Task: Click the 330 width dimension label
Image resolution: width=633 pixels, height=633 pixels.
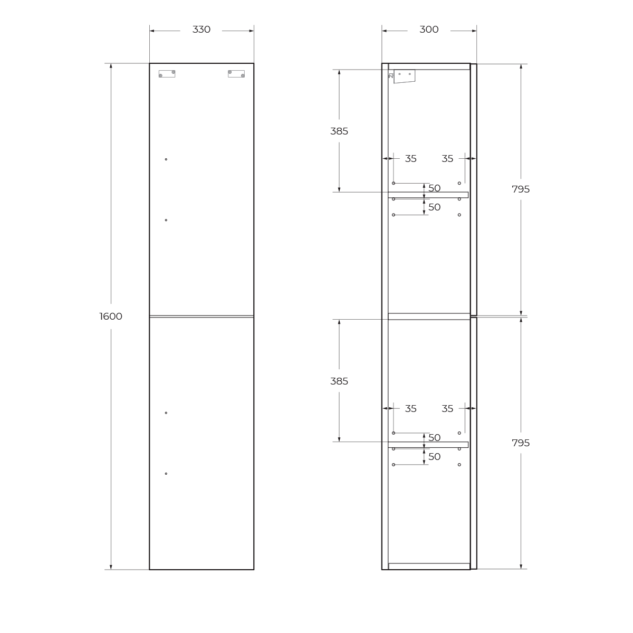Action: (201, 30)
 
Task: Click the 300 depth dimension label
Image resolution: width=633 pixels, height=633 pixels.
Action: (429, 30)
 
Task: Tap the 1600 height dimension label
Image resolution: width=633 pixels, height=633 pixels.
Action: (111, 316)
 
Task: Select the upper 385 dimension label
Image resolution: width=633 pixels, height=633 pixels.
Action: (339, 131)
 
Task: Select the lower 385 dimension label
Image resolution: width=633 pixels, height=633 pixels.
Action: (339, 381)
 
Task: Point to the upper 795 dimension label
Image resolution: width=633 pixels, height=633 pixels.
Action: (521, 189)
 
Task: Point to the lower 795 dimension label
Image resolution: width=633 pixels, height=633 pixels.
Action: (521, 443)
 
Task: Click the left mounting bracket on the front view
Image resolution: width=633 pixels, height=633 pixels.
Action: (167, 74)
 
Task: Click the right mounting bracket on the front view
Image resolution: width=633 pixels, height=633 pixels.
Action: (236, 74)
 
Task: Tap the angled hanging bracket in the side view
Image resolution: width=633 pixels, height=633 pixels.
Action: (404, 76)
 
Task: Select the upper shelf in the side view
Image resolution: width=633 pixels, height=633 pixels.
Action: (428, 195)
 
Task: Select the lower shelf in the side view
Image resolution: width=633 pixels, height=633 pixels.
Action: (428, 445)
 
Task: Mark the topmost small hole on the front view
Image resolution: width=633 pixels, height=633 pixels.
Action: (166, 159)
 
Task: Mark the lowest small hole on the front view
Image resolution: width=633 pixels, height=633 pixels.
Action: (166, 474)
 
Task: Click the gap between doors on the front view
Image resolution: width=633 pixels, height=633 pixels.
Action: (202, 316)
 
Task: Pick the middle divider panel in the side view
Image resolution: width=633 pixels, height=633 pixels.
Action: (429, 316)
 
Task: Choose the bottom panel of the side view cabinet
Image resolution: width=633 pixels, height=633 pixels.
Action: (429, 567)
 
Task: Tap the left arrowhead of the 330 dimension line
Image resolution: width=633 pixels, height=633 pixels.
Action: (152, 31)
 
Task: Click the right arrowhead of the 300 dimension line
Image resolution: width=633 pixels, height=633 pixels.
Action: (474, 31)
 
